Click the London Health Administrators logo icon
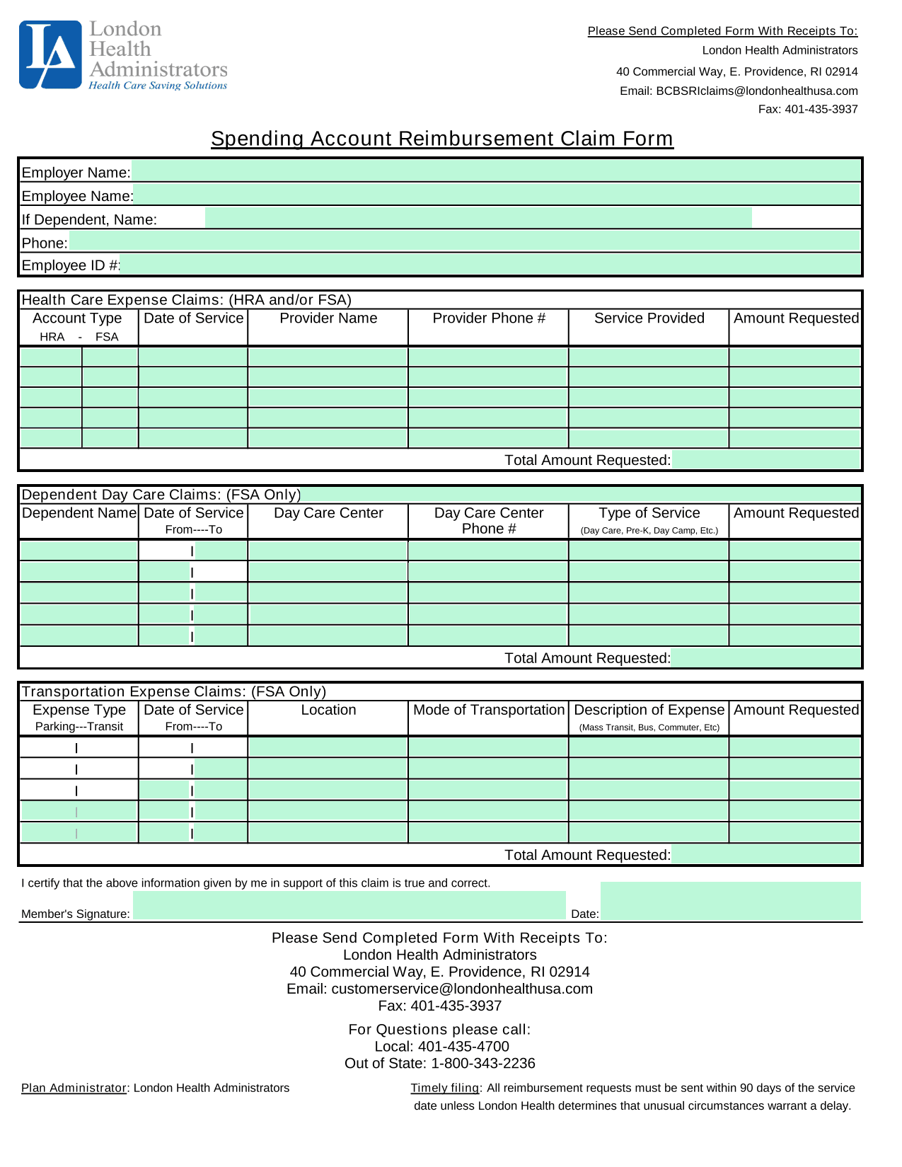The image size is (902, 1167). [x=50, y=54]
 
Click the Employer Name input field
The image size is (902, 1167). [x=495, y=171]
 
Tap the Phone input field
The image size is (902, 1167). [x=464, y=242]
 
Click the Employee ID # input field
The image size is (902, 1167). [x=490, y=265]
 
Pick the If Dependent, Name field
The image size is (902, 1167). [x=478, y=218]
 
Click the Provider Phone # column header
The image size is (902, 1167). [x=489, y=318]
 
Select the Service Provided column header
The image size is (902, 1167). [x=649, y=318]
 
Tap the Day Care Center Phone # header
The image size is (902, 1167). [x=488, y=521]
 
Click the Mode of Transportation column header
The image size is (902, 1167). [x=489, y=710]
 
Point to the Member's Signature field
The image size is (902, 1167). [x=349, y=906]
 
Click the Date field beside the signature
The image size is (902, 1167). [x=731, y=901]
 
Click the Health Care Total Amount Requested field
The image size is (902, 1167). [x=766, y=460]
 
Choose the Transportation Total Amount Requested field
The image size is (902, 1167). [x=766, y=855]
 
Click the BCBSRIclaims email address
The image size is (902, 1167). [x=757, y=91]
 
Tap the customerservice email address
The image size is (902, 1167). [x=461, y=989]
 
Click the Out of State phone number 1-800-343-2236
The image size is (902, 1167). [x=483, y=1063]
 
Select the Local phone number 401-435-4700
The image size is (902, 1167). [x=463, y=1046]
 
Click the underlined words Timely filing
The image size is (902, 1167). [x=444, y=1088]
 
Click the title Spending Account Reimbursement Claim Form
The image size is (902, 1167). [x=442, y=139]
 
